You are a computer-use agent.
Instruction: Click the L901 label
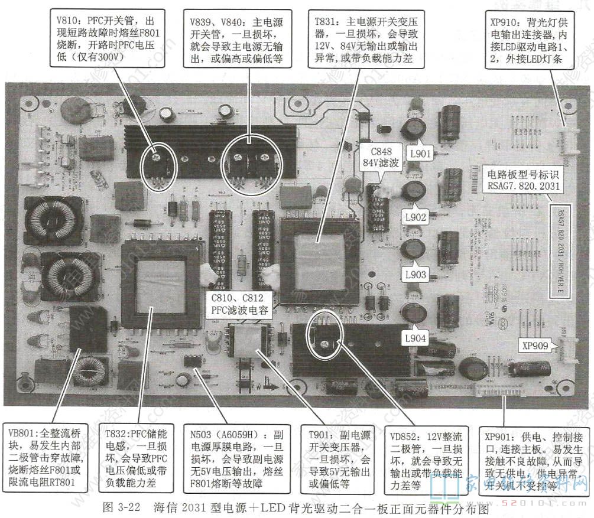pyautogui.click(x=421, y=154)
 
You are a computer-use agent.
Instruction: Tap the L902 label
pyautogui.click(x=416, y=217)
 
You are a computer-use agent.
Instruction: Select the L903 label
pyautogui.click(x=416, y=275)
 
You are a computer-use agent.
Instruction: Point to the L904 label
pyautogui.click(x=416, y=338)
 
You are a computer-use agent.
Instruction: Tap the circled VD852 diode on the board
pyautogui.click(x=323, y=334)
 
